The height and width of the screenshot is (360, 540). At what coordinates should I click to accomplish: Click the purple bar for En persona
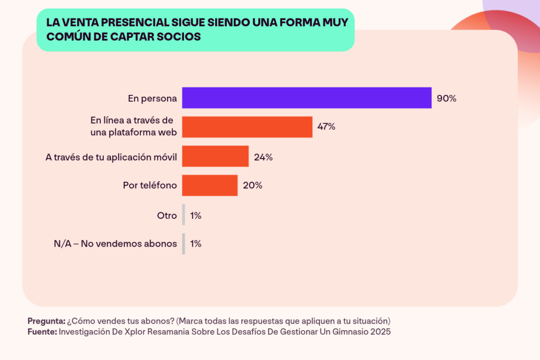coord(306,98)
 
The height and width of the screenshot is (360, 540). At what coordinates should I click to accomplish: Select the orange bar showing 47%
coord(247,127)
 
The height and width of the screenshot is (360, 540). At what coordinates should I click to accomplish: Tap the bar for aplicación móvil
coord(215,156)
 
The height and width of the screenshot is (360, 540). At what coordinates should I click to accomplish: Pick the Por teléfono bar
coord(209,186)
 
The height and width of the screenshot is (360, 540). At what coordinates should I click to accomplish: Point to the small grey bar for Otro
coord(184,215)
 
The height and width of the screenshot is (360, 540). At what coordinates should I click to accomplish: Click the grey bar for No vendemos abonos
coord(184,244)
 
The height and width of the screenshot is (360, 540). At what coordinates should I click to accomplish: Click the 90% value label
coord(446,98)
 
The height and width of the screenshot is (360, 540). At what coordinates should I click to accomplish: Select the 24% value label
coord(263,157)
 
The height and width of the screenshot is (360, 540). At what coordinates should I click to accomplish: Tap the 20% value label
coord(252,186)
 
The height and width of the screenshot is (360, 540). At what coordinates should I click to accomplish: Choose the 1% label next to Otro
coord(196,215)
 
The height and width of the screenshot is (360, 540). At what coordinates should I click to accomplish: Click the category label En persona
coord(152,98)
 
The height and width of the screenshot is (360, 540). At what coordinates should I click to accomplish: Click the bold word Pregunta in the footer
coord(46,321)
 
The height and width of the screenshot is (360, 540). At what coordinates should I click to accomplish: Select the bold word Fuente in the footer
coord(42,332)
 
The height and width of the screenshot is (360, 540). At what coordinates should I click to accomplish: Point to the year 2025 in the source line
coord(381,332)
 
